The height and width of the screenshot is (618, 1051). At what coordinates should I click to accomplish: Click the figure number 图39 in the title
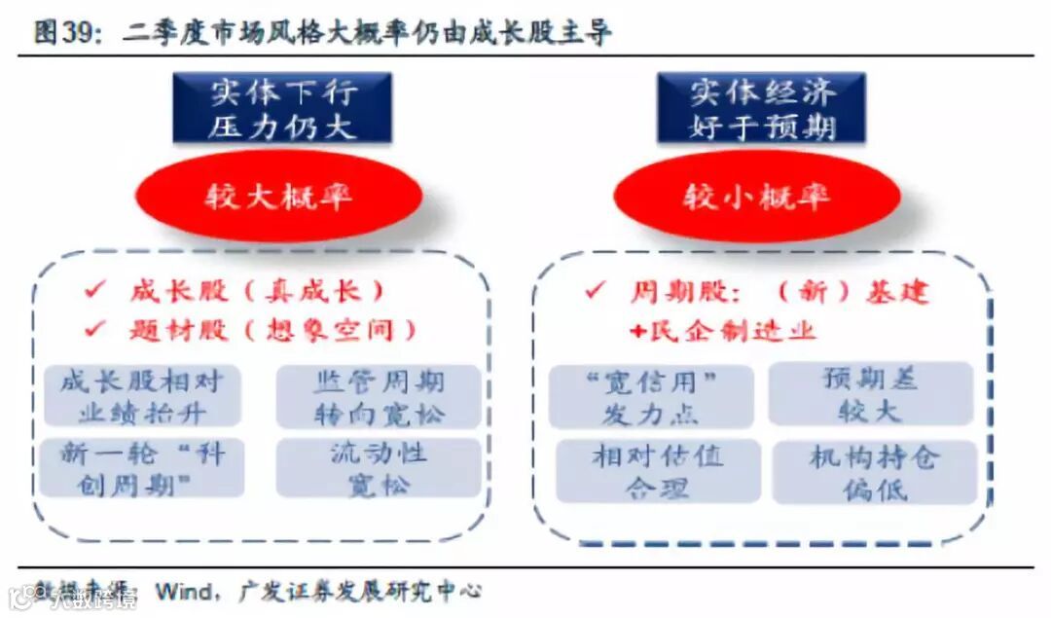(x=66, y=33)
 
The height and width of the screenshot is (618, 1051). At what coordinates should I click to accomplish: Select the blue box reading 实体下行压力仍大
(x=282, y=108)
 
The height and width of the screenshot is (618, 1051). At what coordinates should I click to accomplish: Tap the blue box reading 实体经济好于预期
(x=762, y=108)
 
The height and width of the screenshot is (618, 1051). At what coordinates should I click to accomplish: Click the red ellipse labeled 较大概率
(x=278, y=197)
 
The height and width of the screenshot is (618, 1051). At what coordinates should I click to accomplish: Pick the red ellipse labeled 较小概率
(x=757, y=197)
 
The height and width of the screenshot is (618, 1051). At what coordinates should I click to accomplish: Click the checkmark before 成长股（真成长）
(x=95, y=291)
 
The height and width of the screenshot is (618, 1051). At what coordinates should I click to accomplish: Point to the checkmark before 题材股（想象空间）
(x=95, y=329)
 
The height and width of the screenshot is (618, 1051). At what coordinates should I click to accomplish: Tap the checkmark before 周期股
(x=597, y=291)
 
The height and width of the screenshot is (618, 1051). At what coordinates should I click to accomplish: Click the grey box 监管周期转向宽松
(x=379, y=396)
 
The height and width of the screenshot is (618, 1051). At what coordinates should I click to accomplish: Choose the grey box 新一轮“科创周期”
(x=142, y=468)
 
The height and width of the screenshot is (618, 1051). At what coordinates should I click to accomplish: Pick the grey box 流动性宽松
(x=379, y=468)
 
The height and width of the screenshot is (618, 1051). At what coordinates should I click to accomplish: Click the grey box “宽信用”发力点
(x=651, y=397)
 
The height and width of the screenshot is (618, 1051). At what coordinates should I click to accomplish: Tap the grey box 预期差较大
(x=870, y=393)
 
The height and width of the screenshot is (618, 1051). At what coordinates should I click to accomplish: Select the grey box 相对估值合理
(x=657, y=470)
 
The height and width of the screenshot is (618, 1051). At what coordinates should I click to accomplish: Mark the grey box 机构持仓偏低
(x=873, y=472)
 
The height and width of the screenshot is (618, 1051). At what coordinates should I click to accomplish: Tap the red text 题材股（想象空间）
(x=272, y=329)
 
